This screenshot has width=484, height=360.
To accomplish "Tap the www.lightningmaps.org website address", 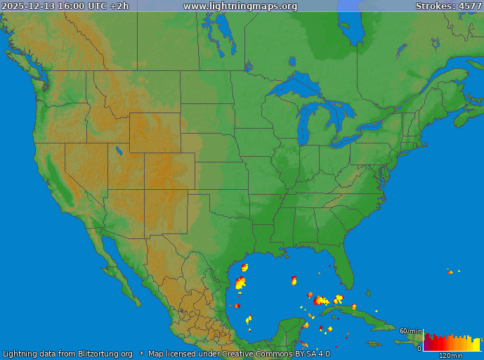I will point(240,6).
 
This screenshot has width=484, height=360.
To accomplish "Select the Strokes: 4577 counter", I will point(448,6).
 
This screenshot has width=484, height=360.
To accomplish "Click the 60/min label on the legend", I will point(410,331).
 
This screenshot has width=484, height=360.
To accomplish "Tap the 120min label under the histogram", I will point(451,356).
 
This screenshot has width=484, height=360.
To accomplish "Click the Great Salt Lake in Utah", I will point(119,150).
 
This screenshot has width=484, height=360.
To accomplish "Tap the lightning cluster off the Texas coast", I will point(241,283).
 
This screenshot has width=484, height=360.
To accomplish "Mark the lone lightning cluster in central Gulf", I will point(294,281).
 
